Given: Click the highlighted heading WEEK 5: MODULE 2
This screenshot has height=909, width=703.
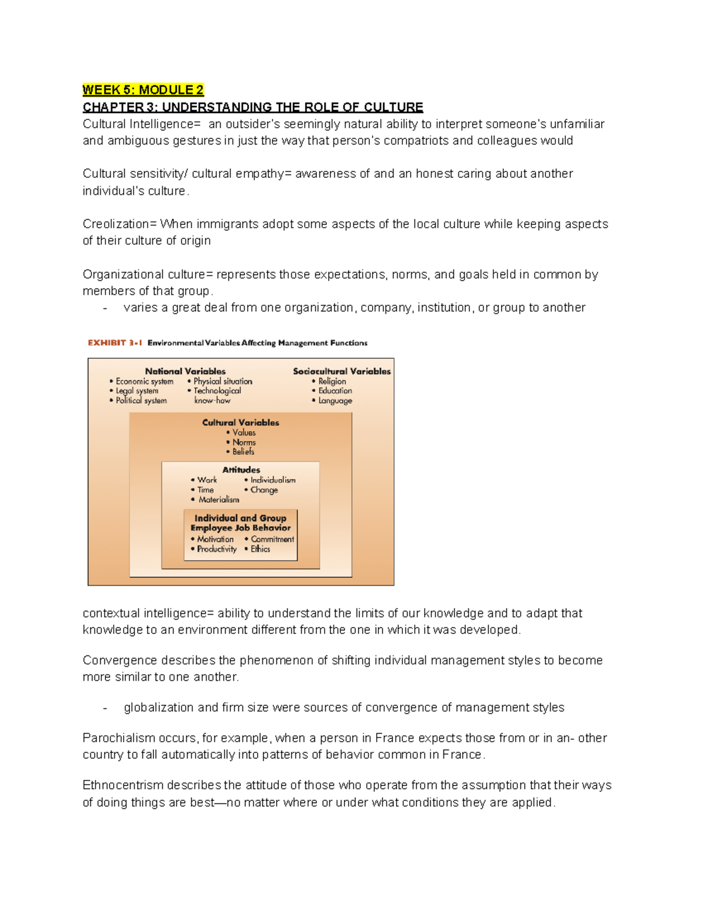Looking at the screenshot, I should click(143, 90).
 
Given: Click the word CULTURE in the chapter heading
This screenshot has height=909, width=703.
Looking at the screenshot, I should click(393, 107).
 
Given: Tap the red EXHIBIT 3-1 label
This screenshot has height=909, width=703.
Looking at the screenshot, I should click(115, 343).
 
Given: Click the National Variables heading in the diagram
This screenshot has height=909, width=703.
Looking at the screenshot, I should click(185, 371).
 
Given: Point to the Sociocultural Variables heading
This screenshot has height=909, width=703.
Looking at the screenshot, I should click(342, 371).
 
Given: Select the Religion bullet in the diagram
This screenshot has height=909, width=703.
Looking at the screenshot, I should click(332, 381).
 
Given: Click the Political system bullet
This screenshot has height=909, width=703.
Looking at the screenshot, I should click(141, 401).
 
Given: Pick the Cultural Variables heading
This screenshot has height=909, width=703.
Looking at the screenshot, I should click(240, 423).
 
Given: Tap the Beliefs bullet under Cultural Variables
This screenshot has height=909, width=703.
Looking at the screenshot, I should click(243, 452).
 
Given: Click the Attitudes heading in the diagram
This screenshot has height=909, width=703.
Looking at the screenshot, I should click(241, 469).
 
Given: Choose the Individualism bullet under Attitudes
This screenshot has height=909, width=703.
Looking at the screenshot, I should click(272, 480).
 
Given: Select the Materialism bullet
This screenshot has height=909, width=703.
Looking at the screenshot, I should click(219, 500).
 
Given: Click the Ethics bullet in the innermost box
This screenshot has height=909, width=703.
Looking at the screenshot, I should click(260, 549).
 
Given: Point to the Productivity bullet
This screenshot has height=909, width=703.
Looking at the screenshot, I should click(216, 549).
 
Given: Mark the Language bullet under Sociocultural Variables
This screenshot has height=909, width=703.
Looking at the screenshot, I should click(335, 401).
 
